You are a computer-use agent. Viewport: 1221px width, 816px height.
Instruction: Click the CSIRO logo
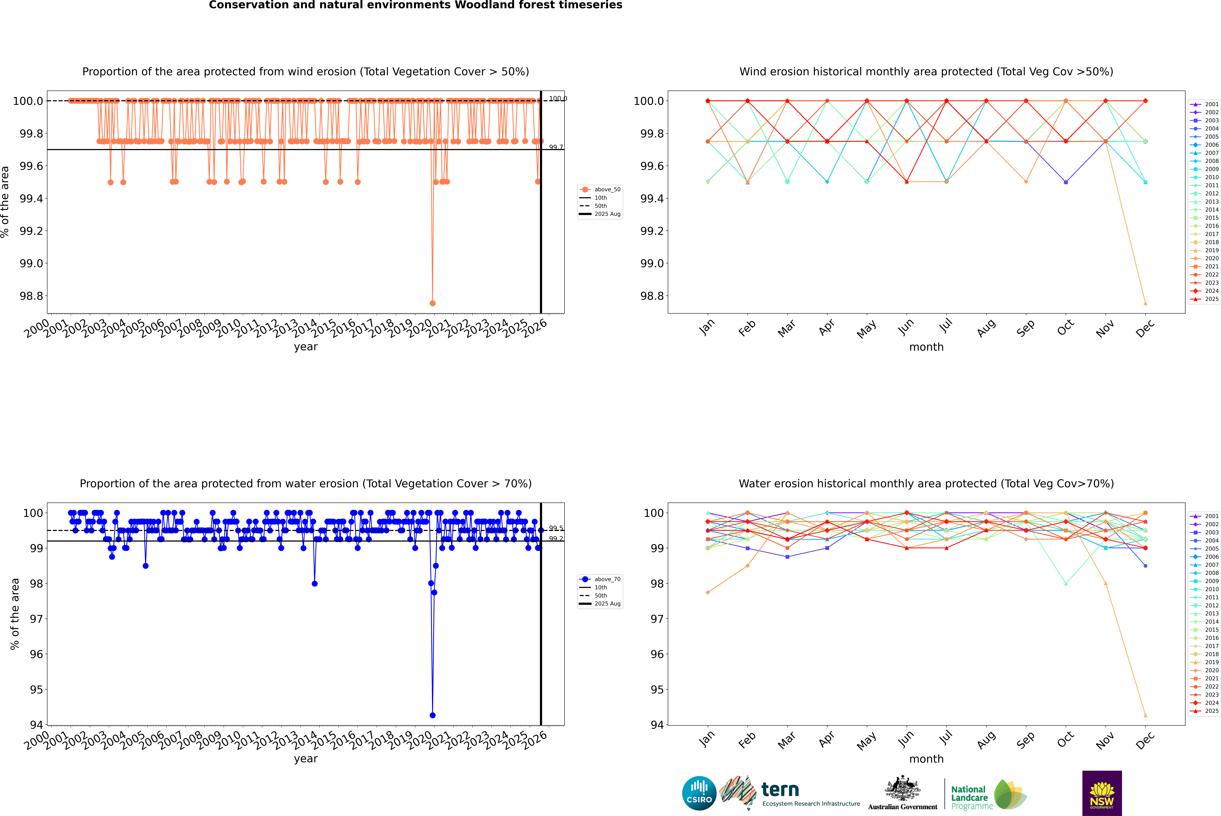699,793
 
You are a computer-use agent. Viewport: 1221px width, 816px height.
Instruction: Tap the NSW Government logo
1102,793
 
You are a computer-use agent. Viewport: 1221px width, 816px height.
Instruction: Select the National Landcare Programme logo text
969,797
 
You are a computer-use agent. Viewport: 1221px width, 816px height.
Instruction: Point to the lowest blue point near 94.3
432,715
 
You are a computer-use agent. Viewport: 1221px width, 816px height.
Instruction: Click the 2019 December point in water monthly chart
1145,715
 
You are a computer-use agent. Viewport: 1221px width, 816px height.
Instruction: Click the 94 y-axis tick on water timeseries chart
36,725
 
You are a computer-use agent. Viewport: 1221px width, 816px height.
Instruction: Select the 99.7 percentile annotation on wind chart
556,147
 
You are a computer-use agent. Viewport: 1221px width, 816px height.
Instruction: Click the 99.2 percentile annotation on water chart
556,539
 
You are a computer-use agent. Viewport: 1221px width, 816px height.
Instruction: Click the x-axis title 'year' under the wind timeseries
305,347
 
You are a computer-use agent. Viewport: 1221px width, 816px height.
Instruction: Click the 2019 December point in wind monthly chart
1145,303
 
